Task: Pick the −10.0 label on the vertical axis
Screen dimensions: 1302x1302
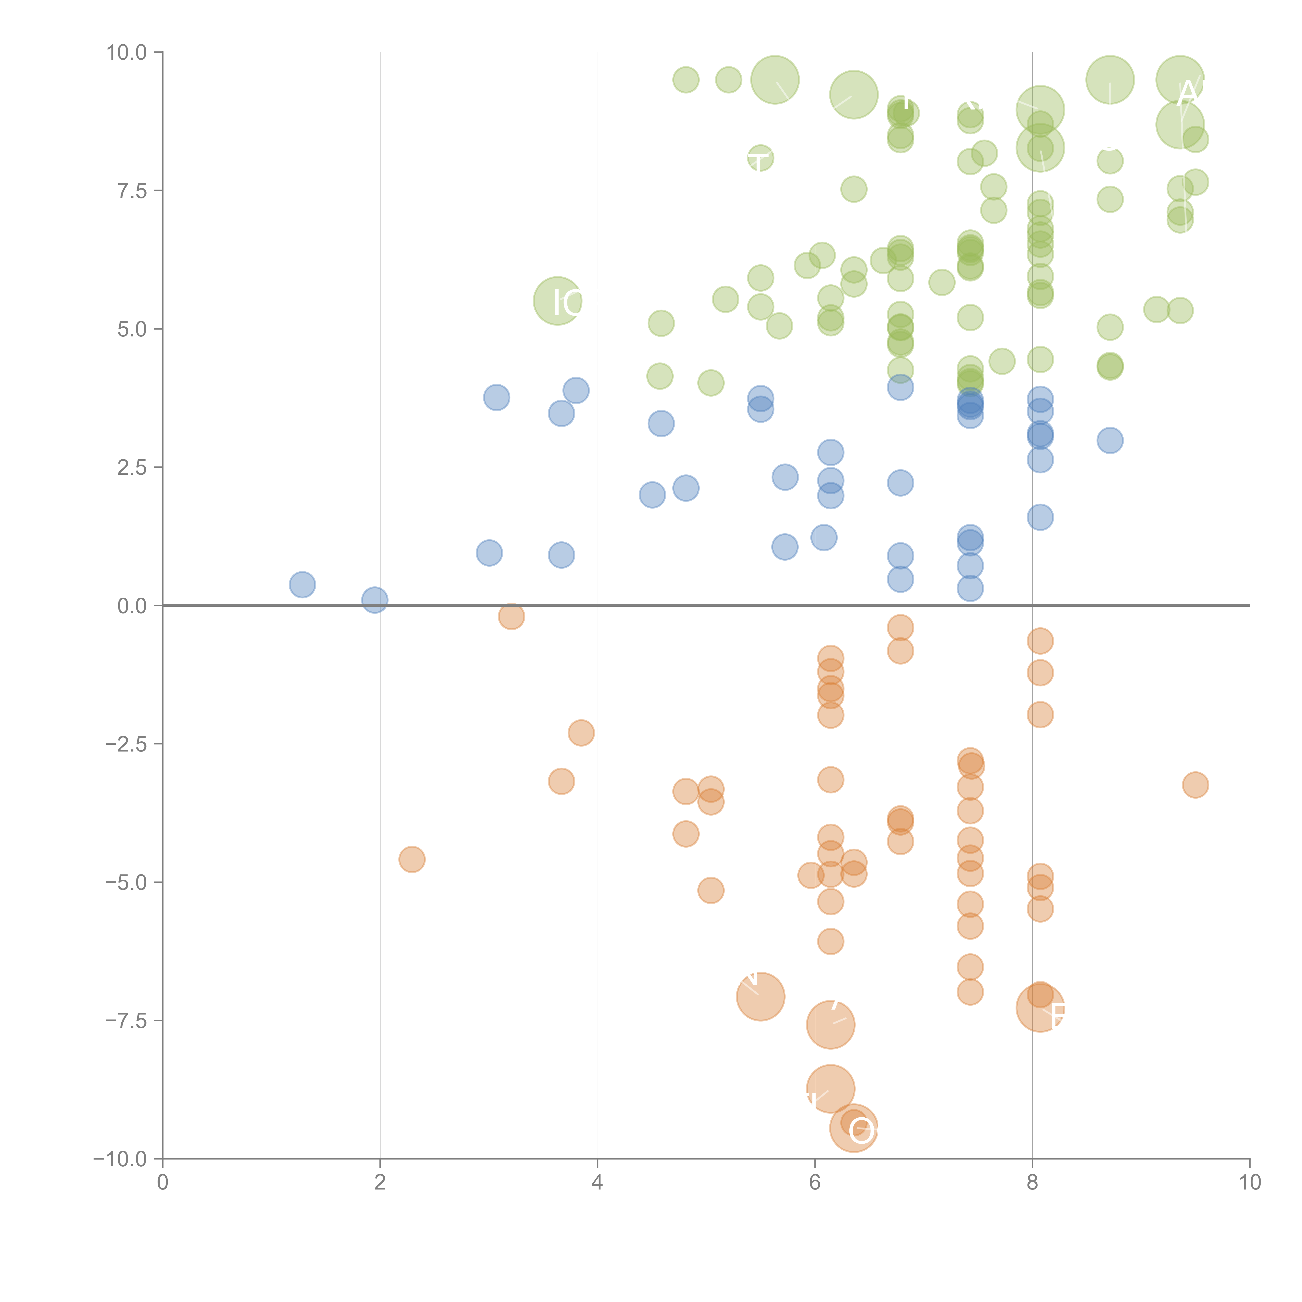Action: pos(120,1159)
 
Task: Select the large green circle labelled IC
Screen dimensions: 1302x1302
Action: pos(557,301)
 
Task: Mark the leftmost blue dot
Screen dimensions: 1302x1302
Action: pos(303,584)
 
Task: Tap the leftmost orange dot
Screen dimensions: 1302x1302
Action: pos(412,859)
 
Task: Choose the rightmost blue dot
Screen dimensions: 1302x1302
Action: pos(1110,440)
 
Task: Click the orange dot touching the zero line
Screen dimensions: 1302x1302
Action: pos(511,616)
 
